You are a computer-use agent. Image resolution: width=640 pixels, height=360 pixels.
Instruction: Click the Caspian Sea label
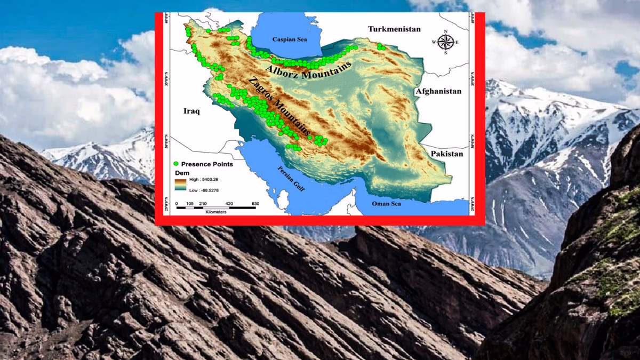[x=290, y=39]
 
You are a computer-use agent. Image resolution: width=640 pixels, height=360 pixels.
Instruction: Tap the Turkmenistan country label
[x=394, y=29]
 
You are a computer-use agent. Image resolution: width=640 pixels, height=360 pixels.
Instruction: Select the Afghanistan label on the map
[x=438, y=91]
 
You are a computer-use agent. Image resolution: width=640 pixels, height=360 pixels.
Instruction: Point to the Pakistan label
[x=446, y=154]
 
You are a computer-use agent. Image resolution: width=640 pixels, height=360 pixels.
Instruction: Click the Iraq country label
[x=191, y=111]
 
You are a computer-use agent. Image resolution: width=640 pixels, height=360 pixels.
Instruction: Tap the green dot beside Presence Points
[x=176, y=164]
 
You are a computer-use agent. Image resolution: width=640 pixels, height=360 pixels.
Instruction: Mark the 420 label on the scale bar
[x=229, y=204]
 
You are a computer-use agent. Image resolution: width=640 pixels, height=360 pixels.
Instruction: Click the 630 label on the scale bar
[x=255, y=204]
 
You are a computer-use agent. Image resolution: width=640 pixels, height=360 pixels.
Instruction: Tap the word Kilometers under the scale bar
[x=215, y=212]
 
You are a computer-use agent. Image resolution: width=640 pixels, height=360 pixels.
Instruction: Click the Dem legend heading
[x=182, y=173]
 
